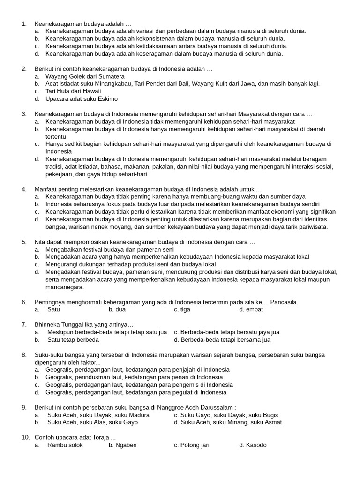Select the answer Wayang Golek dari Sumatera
pyautogui.click(x=85, y=76)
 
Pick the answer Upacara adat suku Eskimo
pyautogui.click(x=82, y=99)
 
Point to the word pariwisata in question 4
pyautogui.click(x=311, y=227)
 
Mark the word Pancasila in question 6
pyautogui.click(x=283, y=302)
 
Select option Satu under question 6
pyautogui.click(x=53, y=309)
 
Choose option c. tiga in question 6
pyautogui.click(x=182, y=309)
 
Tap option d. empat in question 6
pyautogui.click(x=251, y=309)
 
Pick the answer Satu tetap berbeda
pyautogui.click(x=73, y=339)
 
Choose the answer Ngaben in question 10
pyautogui.click(x=123, y=445)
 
